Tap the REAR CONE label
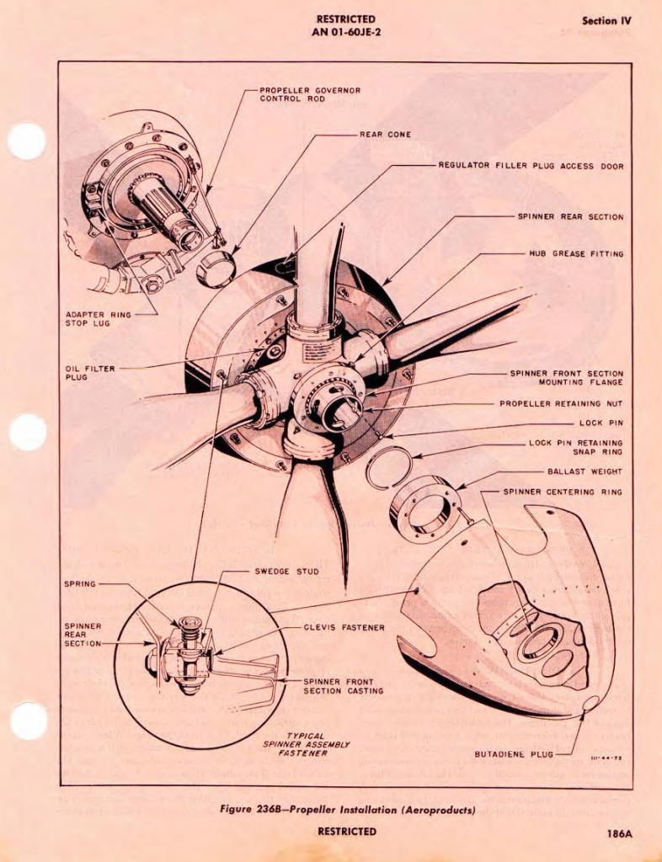385,135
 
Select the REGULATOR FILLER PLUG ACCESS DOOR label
531,167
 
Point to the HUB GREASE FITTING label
576,253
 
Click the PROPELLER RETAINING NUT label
561,403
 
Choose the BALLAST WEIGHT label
585,472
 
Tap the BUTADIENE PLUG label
514,754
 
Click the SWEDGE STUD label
287,572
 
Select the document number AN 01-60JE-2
346,33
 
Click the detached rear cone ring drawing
216,269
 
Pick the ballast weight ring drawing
425,508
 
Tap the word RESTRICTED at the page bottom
346,832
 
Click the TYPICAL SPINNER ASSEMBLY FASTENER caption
306,744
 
